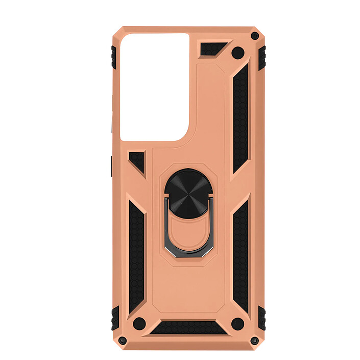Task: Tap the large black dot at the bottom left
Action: (x=137, y=323)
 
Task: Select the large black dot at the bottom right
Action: (x=236, y=323)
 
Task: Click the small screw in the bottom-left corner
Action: (x=122, y=340)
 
